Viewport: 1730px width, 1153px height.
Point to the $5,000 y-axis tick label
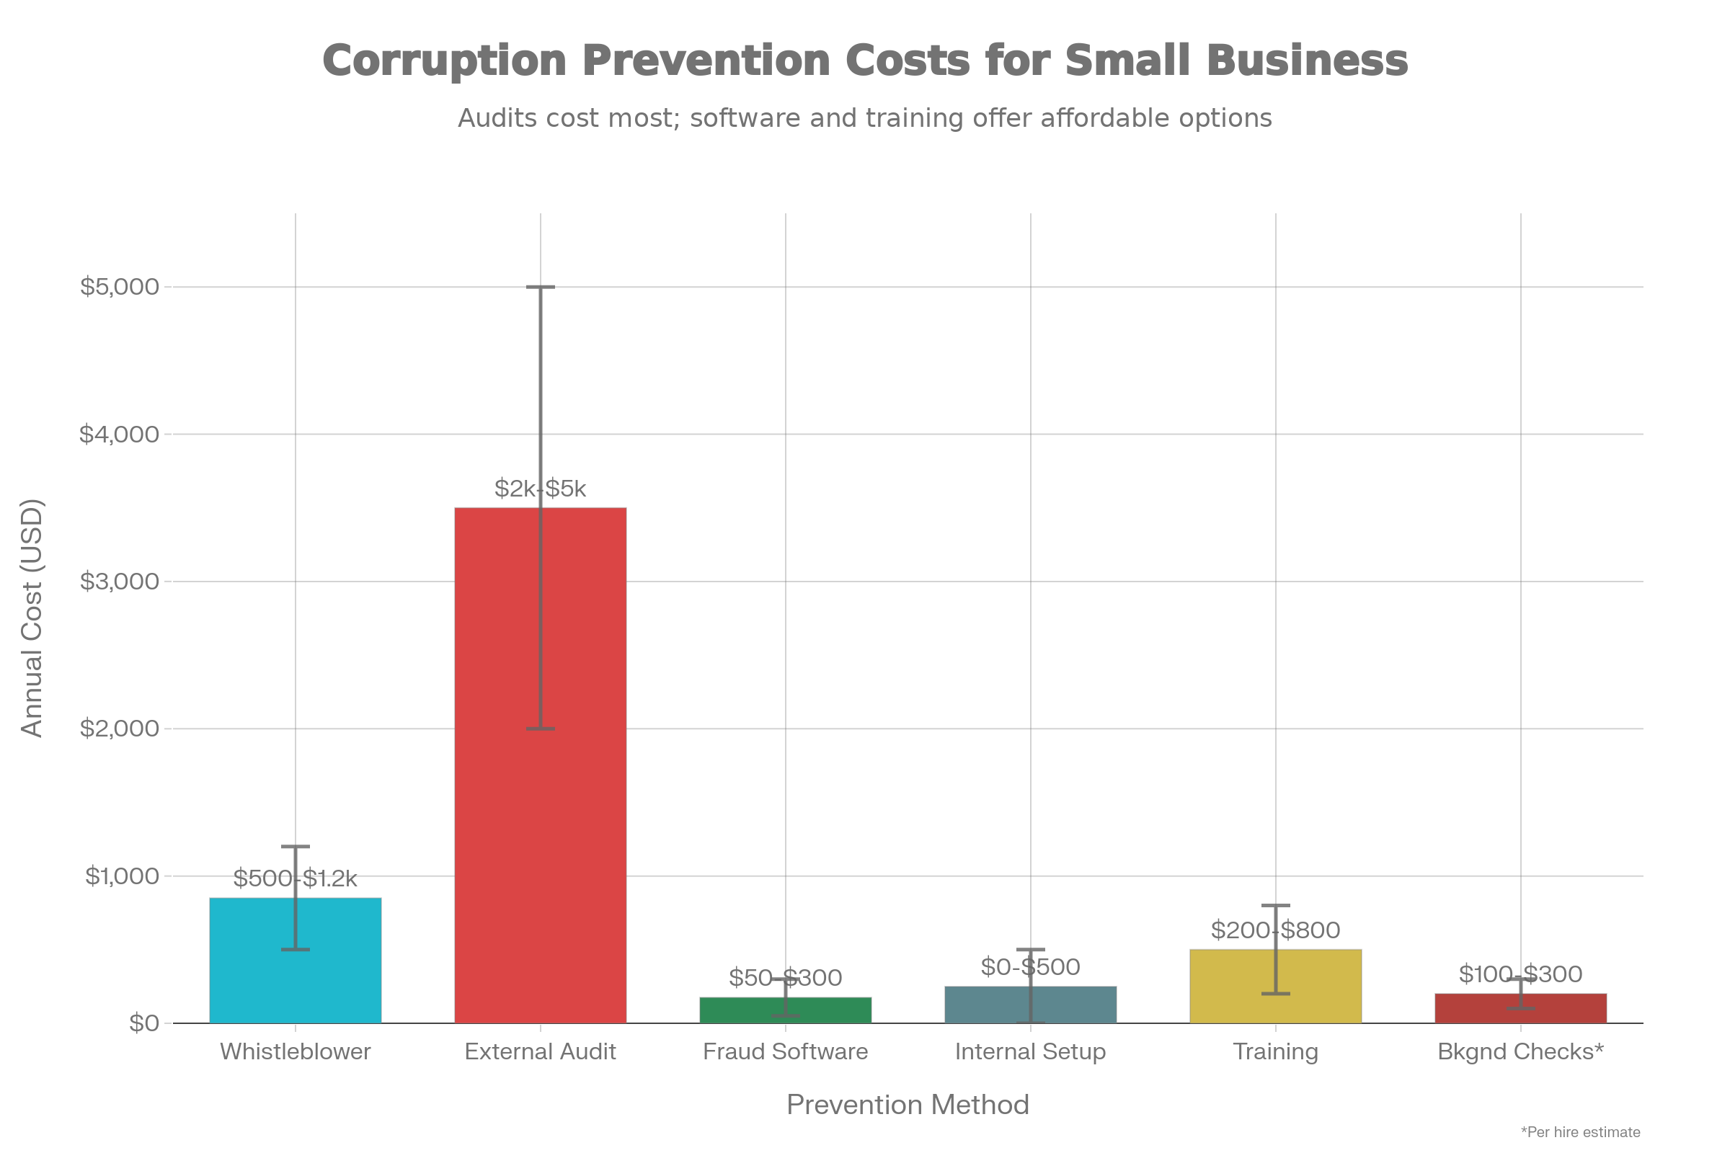click(119, 287)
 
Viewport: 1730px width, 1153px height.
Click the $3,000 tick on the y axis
click(119, 582)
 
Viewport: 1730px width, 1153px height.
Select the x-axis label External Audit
click(540, 1051)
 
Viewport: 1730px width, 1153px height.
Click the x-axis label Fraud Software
click(785, 1051)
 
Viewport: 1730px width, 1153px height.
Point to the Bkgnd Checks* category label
click(1520, 1051)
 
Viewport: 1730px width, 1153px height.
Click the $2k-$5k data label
click(540, 489)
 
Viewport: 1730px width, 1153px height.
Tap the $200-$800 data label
click(1275, 930)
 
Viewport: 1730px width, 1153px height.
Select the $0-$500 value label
click(1030, 967)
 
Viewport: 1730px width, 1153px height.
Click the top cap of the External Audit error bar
click(540, 287)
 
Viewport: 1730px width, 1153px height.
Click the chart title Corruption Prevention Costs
click(865, 61)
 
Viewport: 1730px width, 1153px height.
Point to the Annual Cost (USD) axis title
click(32, 618)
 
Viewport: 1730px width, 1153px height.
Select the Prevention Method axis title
click(908, 1105)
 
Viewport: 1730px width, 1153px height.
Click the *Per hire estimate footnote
click(1580, 1131)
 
